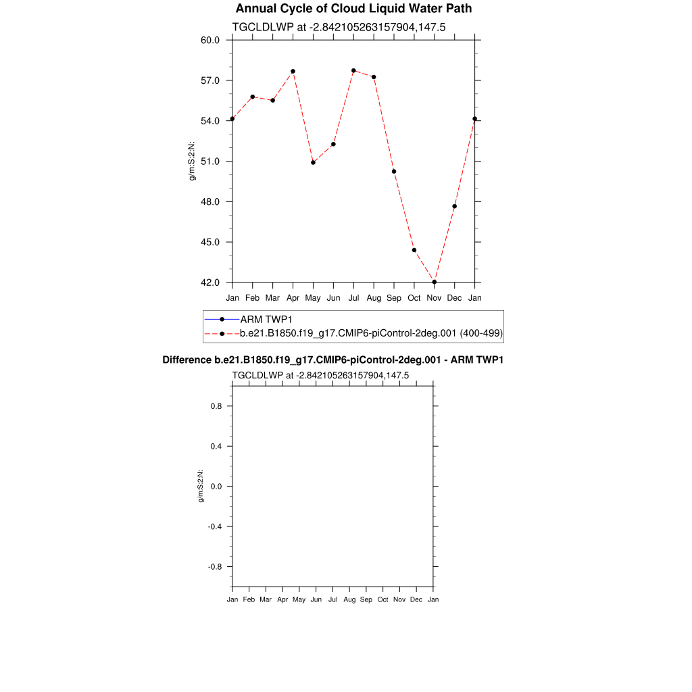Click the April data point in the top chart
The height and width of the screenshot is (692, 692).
[x=293, y=71]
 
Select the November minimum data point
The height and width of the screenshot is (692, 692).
[x=434, y=282]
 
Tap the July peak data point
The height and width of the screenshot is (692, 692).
[x=353, y=70]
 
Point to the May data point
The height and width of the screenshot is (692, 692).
[x=313, y=162]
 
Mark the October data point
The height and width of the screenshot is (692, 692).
[x=414, y=250]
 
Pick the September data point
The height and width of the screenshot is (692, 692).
[x=393, y=171]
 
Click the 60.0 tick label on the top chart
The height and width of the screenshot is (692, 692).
[x=210, y=40]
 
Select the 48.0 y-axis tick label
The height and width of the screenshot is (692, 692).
[x=210, y=201]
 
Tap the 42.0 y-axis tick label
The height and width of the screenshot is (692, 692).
[x=210, y=282]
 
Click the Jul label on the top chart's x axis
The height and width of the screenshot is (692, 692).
[x=353, y=298]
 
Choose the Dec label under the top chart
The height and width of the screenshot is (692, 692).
[x=454, y=298]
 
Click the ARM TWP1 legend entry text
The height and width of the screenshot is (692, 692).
[x=266, y=319]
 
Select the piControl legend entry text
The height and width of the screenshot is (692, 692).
[x=371, y=333]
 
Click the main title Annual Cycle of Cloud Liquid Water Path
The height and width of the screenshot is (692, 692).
[x=353, y=9]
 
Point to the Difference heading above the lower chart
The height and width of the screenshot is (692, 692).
[x=332, y=360]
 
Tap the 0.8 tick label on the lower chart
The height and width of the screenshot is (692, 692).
[x=216, y=406]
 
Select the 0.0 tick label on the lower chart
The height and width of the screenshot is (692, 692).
[x=216, y=487]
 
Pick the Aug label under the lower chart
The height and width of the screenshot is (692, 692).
[x=349, y=599]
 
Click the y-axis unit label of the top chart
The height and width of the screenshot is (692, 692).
[x=192, y=161]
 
